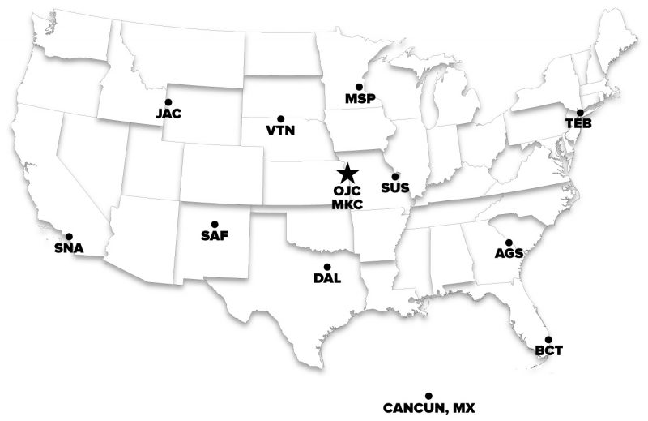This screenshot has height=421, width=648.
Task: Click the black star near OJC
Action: coord(347,172)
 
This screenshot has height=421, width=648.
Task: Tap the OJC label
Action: coord(347,191)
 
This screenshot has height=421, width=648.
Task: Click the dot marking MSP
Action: coord(359,86)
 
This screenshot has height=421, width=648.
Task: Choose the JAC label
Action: coord(169,114)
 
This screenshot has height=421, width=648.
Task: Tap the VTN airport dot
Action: coord(280,118)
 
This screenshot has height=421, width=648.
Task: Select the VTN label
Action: coord(280,131)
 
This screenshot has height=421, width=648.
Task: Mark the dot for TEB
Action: coord(580,112)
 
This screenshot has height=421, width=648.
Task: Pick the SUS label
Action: coord(394,188)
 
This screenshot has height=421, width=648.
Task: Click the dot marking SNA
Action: coord(68,236)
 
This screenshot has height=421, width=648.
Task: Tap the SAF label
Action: coord(215,236)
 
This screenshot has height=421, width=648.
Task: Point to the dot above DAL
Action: coord(327,266)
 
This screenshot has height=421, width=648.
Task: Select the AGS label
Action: coord(509,254)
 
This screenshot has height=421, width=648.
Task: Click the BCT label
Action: coord(548,351)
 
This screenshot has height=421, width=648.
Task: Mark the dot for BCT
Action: coord(548,339)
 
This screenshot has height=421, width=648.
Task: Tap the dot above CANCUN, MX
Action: coord(428,394)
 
